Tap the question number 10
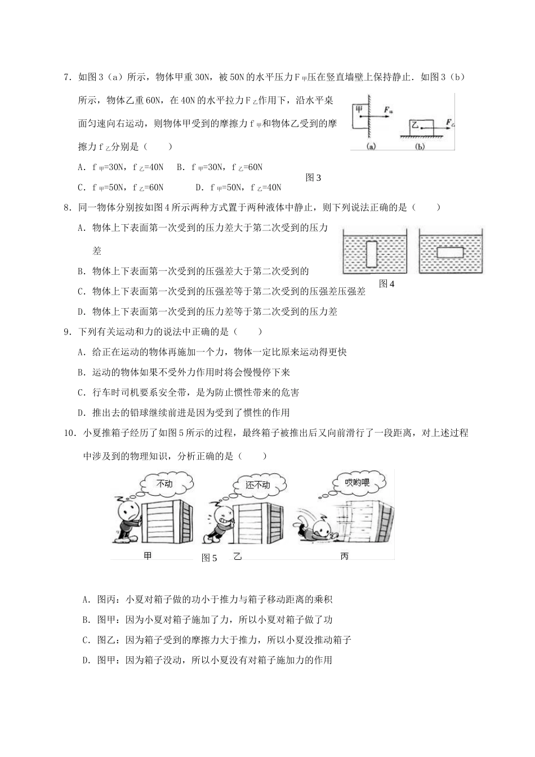[69, 433]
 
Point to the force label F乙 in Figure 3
[450, 121]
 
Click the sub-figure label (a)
[371, 146]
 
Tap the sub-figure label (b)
[420, 146]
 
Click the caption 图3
[313, 178]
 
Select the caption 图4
[387, 284]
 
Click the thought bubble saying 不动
[164, 484]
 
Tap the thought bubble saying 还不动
[258, 484]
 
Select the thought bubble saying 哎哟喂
[358, 482]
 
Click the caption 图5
[209, 558]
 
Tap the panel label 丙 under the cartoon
[345, 556]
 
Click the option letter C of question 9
[81, 393]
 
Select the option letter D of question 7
[198, 188]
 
